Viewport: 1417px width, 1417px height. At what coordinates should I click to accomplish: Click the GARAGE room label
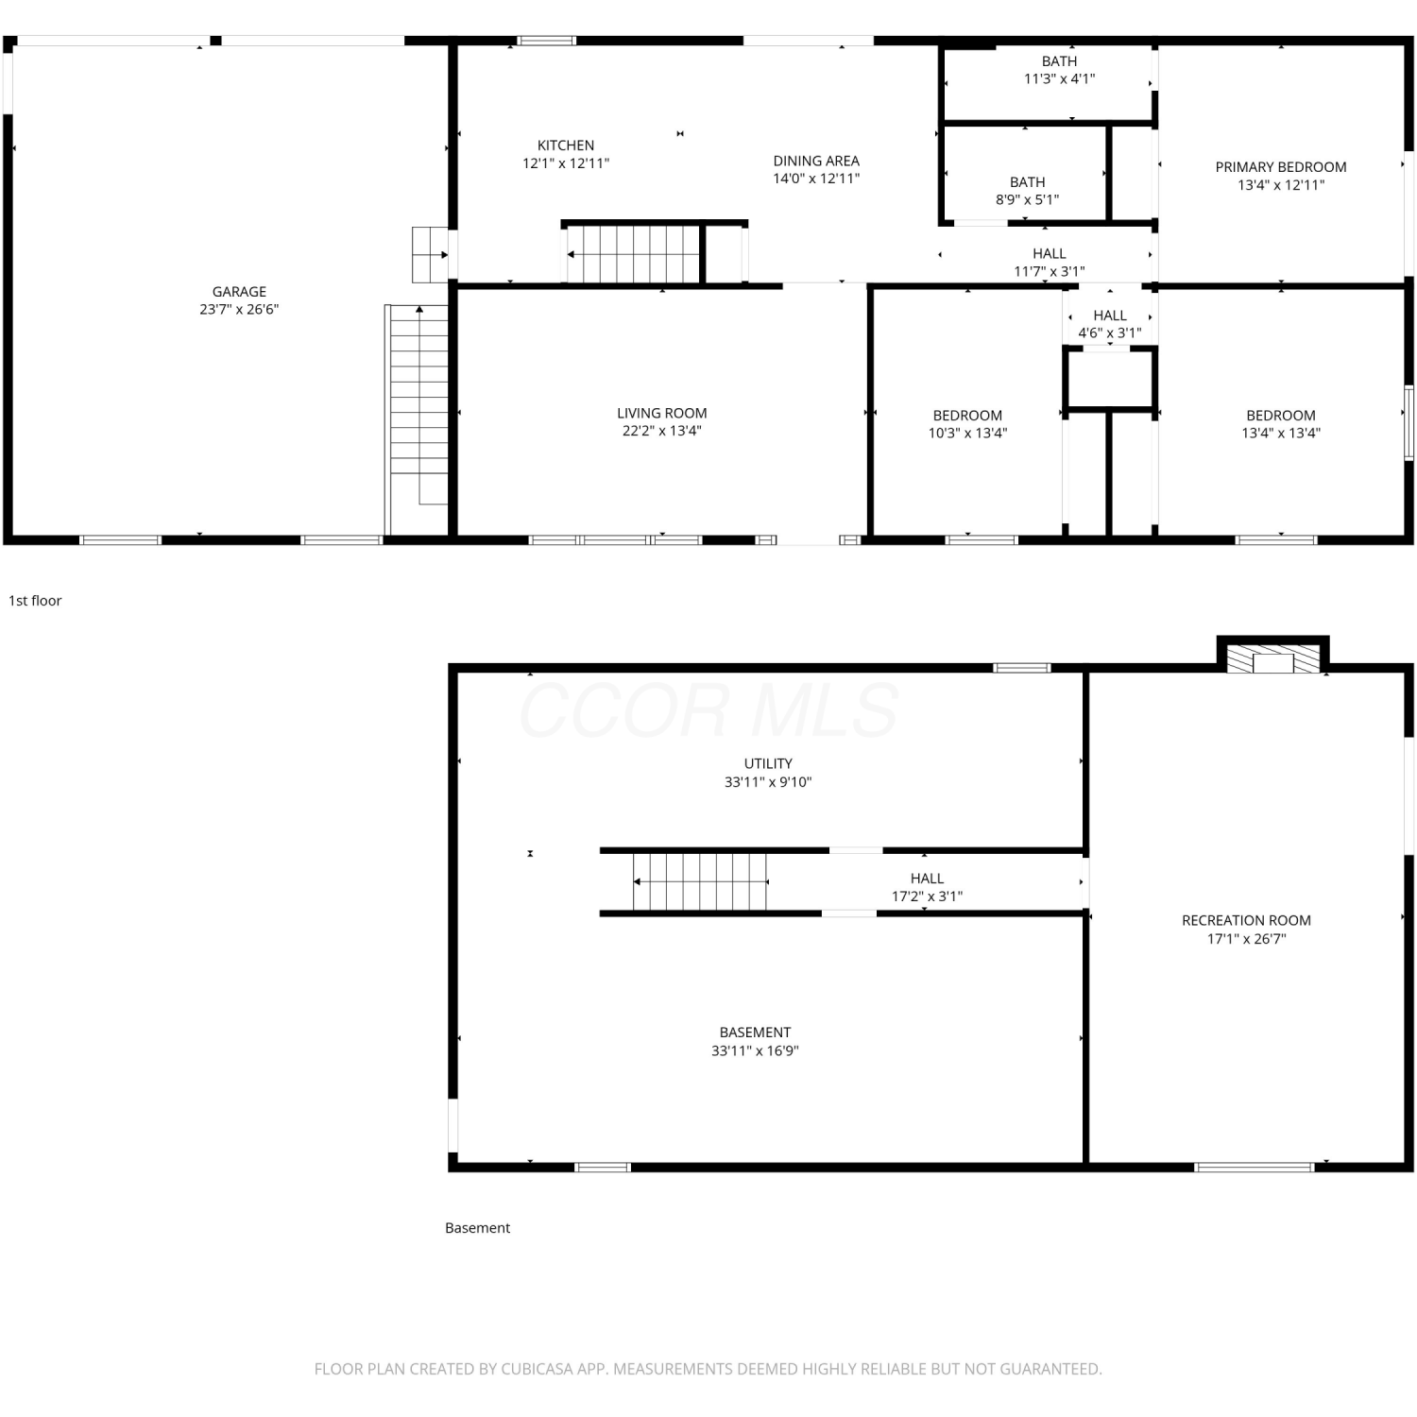[x=239, y=292]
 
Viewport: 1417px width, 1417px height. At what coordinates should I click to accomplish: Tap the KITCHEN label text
[x=566, y=145]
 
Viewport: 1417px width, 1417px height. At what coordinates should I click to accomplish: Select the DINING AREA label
[x=816, y=161]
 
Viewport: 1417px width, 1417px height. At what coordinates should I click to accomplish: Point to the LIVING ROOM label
[x=661, y=413]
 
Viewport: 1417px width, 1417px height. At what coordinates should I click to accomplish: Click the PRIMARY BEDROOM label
[x=1281, y=167]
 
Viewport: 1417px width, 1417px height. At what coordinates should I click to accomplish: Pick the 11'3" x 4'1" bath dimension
[x=1059, y=79]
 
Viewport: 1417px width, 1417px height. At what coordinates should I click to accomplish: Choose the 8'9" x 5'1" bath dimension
[x=1027, y=200]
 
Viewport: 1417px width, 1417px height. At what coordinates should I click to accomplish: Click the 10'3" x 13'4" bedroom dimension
[x=967, y=434]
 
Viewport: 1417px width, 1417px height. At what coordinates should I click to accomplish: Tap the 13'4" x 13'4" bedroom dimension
[x=1281, y=434]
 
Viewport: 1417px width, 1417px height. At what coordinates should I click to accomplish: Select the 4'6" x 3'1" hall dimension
[x=1110, y=333]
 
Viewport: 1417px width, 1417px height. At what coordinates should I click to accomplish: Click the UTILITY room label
[x=768, y=763]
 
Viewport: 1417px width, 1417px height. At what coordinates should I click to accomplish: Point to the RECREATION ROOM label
[x=1246, y=920]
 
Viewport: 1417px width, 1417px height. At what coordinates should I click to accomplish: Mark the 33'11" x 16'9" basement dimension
[x=755, y=1050]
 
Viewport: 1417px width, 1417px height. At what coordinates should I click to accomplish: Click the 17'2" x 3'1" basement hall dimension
[x=927, y=896]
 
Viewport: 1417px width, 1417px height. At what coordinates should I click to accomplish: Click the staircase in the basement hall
[x=700, y=882]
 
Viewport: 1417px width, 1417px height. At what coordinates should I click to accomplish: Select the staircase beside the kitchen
[x=633, y=254]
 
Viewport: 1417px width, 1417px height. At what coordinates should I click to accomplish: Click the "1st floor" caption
[x=35, y=601]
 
